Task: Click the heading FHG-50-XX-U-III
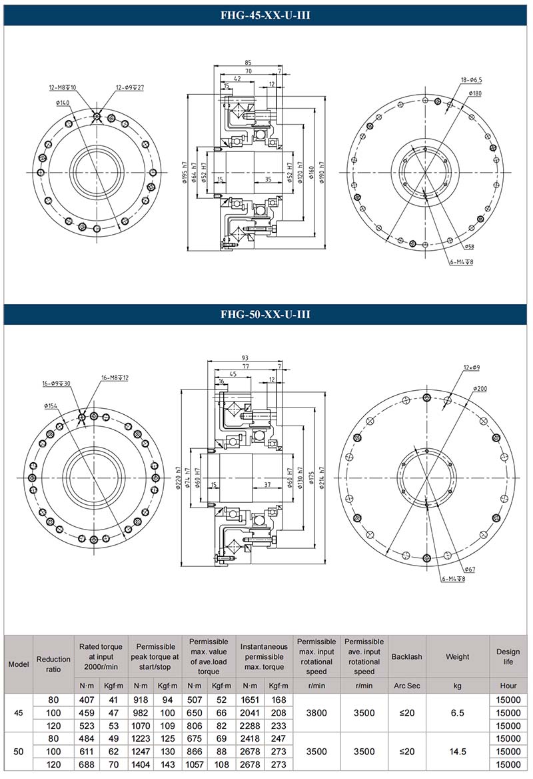tap(266, 314)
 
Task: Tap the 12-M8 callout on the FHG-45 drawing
tap(63, 87)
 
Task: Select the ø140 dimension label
tap(63, 103)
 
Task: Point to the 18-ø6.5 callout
tap(472, 79)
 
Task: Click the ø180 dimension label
tap(475, 93)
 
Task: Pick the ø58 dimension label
tap(469, 247)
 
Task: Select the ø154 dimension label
tap(52, 406)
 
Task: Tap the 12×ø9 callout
tap(471, 367)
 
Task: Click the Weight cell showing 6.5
tap(457, 712)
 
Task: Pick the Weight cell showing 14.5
tap(457, 752)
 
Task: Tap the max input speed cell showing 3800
tap(316, 712)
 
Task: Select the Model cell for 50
tap(19, 752)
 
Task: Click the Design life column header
tap(508, 656)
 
